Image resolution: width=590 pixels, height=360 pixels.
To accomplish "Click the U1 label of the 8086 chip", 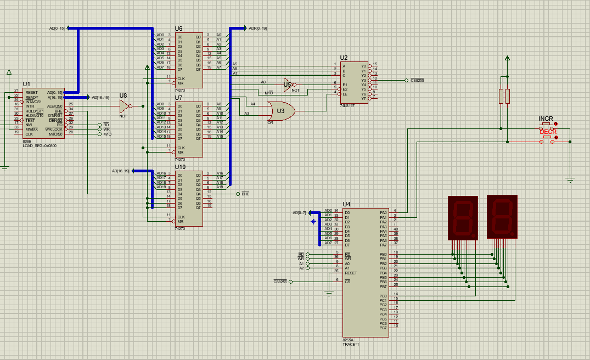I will tap(26, 84).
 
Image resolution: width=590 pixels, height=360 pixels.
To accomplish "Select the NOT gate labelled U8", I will tap(124, 105).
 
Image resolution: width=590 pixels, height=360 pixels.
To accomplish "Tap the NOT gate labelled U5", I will tap(287, 85).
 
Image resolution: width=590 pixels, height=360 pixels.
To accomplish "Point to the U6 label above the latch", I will tap(178, 29).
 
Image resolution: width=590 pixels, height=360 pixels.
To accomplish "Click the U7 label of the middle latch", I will tap(178, 98).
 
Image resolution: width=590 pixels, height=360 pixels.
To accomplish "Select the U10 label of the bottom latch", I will tap(180, 167).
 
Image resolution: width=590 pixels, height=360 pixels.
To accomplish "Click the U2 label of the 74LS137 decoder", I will tap(344, 58).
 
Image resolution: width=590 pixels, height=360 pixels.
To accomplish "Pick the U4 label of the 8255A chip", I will tap(346, 205).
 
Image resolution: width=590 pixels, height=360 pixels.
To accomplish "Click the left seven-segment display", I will tap(463, 217).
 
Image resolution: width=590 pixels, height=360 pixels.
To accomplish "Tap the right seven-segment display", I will tap(502, 217).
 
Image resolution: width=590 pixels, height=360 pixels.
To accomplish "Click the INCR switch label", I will tap(546, 119).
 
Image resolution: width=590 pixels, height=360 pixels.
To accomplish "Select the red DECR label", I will tap(548, 132).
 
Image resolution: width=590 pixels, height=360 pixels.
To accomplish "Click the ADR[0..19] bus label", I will tap(257, 28).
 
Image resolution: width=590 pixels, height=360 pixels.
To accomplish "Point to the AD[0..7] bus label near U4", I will tap(299, 212).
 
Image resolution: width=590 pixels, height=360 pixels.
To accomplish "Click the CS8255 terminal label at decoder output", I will tap(417, 80).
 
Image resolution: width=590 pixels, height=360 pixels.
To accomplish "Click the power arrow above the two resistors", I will tap(507, 58).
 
